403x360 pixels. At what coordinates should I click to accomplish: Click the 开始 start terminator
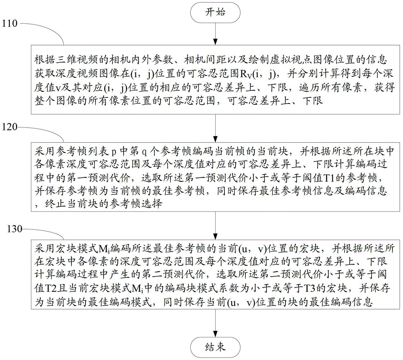pos(215,12)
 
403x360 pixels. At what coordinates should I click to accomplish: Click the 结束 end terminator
pos(215,348)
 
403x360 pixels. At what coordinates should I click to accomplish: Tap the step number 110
pos(10,23)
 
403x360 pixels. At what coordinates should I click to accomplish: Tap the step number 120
pos(10,127)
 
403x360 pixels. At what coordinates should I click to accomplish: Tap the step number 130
pos(15,229)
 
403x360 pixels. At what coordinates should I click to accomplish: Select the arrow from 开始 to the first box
pos(215,34)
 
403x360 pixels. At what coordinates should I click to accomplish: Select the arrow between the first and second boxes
pos(215,128)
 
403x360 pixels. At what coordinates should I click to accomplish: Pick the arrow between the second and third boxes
pos(215,226)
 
